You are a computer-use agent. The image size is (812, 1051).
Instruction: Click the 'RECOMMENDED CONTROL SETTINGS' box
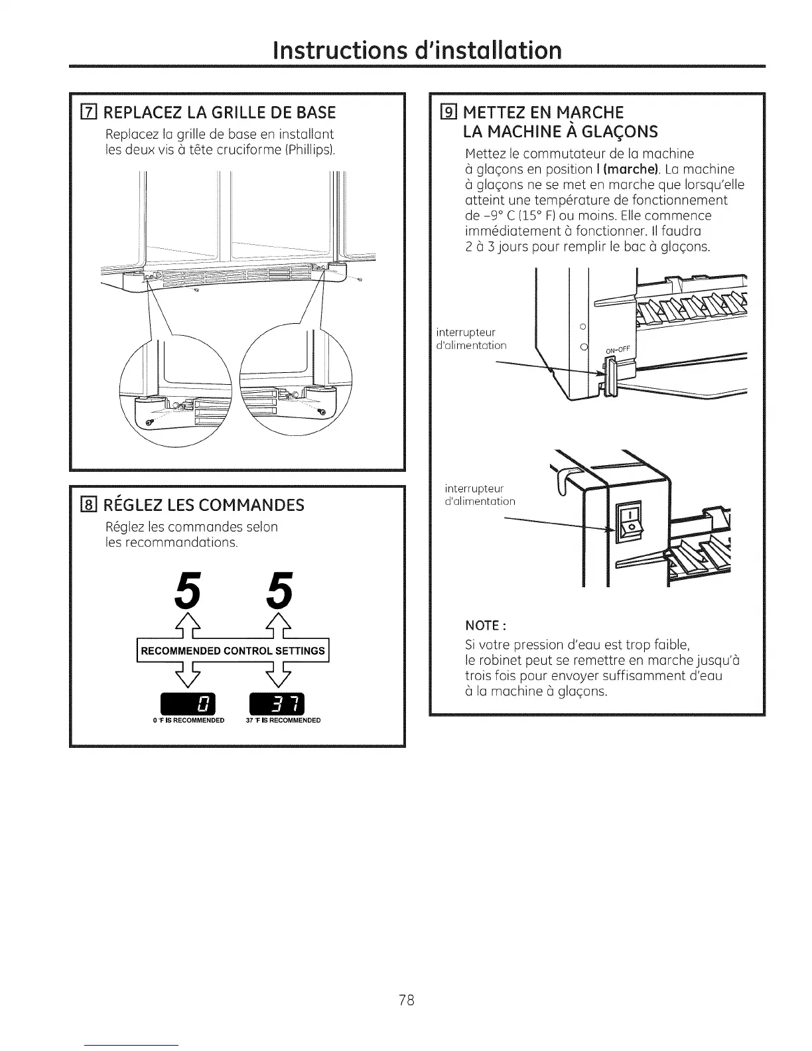click(233, 650)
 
